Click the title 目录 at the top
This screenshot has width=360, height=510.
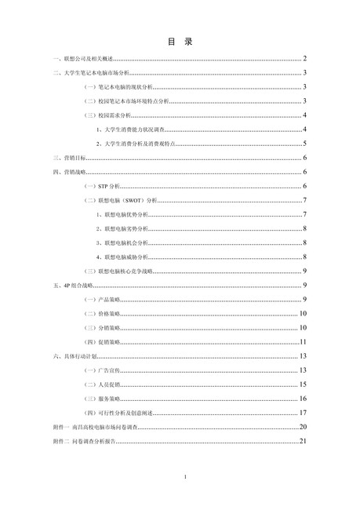click(x=180, y=41)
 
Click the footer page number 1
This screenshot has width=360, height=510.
click(x=184, y=477)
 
